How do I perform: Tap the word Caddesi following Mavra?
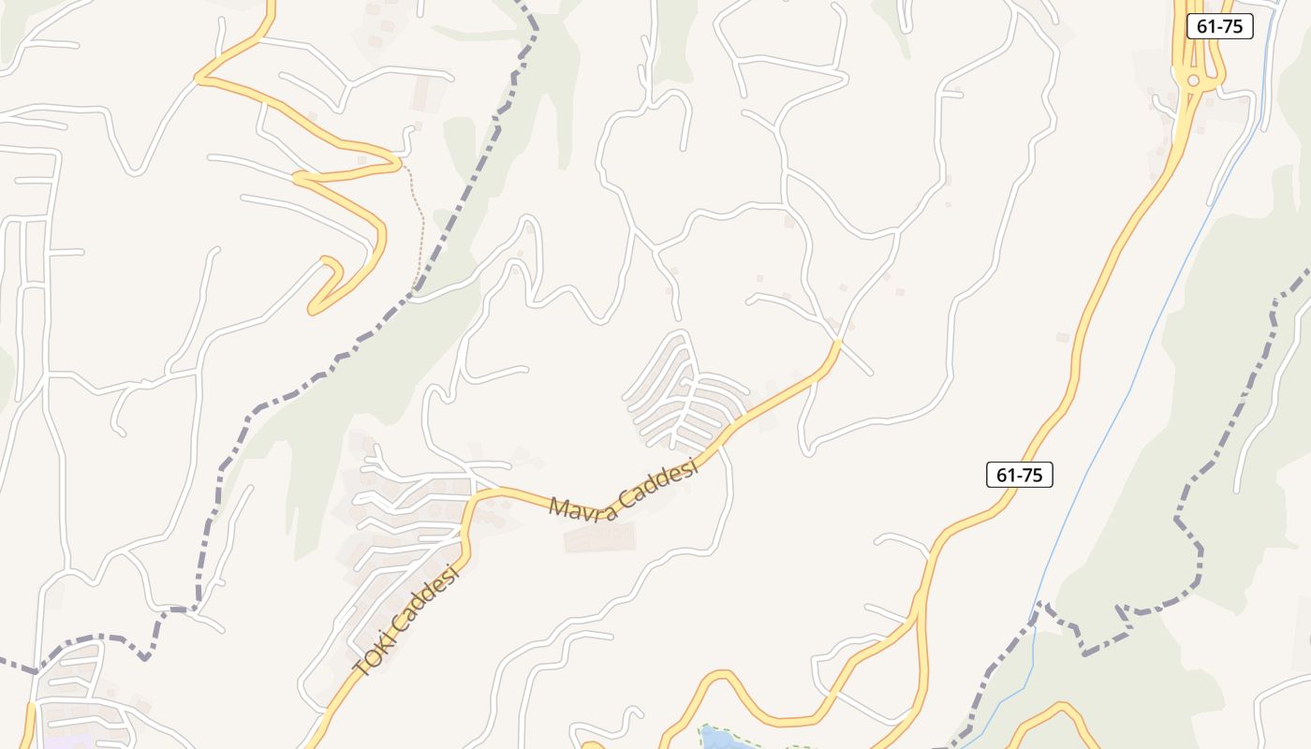point(660,477)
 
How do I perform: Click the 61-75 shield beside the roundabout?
point(1219,26)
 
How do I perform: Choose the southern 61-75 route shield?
point(1020,475)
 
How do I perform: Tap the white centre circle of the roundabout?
point(1193,81)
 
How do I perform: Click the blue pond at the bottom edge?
point(721,741)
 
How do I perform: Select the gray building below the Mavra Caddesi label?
point(599,537)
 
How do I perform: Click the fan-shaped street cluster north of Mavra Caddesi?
point(684,393)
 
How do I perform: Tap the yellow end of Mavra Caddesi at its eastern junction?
point(835,345)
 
